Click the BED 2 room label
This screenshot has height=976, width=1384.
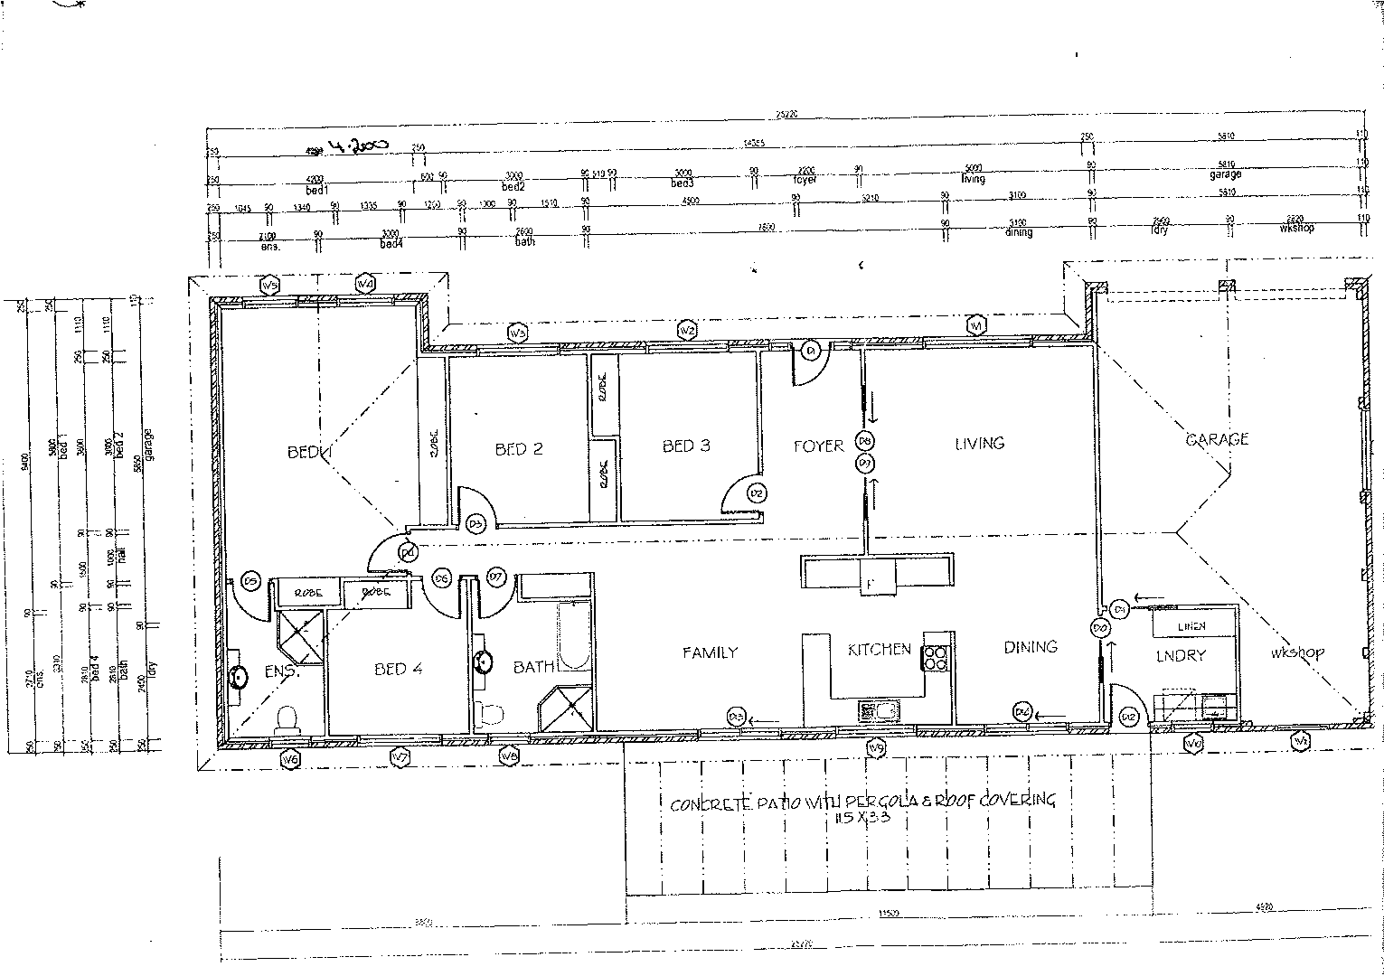[x=519, y=449]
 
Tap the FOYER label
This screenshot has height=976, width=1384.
[x=818, y=446]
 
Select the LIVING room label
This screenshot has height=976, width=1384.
[x=979, y=443]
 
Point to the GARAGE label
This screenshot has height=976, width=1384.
[x=1217, y=439]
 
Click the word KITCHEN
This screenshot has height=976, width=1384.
[x=879, y=649]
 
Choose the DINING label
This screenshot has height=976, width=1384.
[x=1031, y=646]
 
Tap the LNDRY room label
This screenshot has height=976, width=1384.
[x=1182, y=655]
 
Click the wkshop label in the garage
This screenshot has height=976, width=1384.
[x=1296, y=652]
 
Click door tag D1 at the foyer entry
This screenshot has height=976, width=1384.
[x=811, y=350]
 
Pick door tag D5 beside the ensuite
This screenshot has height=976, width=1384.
[x=251, y=580]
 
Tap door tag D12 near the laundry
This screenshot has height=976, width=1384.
[x=1127, y=717]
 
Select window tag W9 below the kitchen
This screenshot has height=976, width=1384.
[x=875, y=747]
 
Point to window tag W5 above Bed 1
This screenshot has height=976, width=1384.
[x=269, y=286]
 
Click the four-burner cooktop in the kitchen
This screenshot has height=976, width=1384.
[x=935, y=656]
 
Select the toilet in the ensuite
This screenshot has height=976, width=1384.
[x=287, y=718]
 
